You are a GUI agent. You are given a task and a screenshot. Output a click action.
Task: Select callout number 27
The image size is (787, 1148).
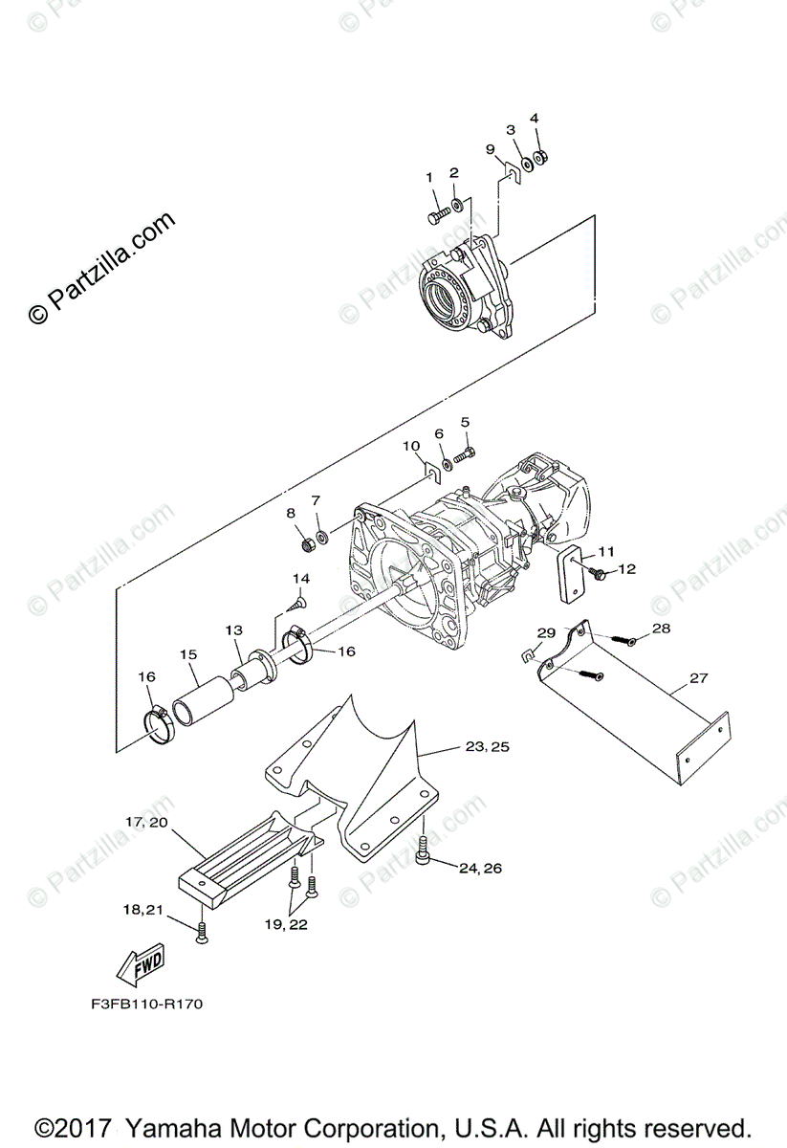click(698, 678)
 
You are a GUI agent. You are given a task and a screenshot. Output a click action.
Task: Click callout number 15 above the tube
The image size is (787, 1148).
click(188, 654)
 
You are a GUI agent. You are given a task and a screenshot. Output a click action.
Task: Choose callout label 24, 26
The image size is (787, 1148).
click(480, 869)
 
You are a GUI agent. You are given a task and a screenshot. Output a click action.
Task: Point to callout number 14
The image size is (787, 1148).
click(301, 579)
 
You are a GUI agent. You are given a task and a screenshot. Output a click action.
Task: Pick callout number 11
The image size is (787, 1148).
click(605, 551)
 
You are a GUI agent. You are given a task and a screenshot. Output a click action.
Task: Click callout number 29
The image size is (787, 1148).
click(546, 633)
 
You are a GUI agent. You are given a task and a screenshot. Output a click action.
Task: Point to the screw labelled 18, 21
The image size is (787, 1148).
click(202, 933)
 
